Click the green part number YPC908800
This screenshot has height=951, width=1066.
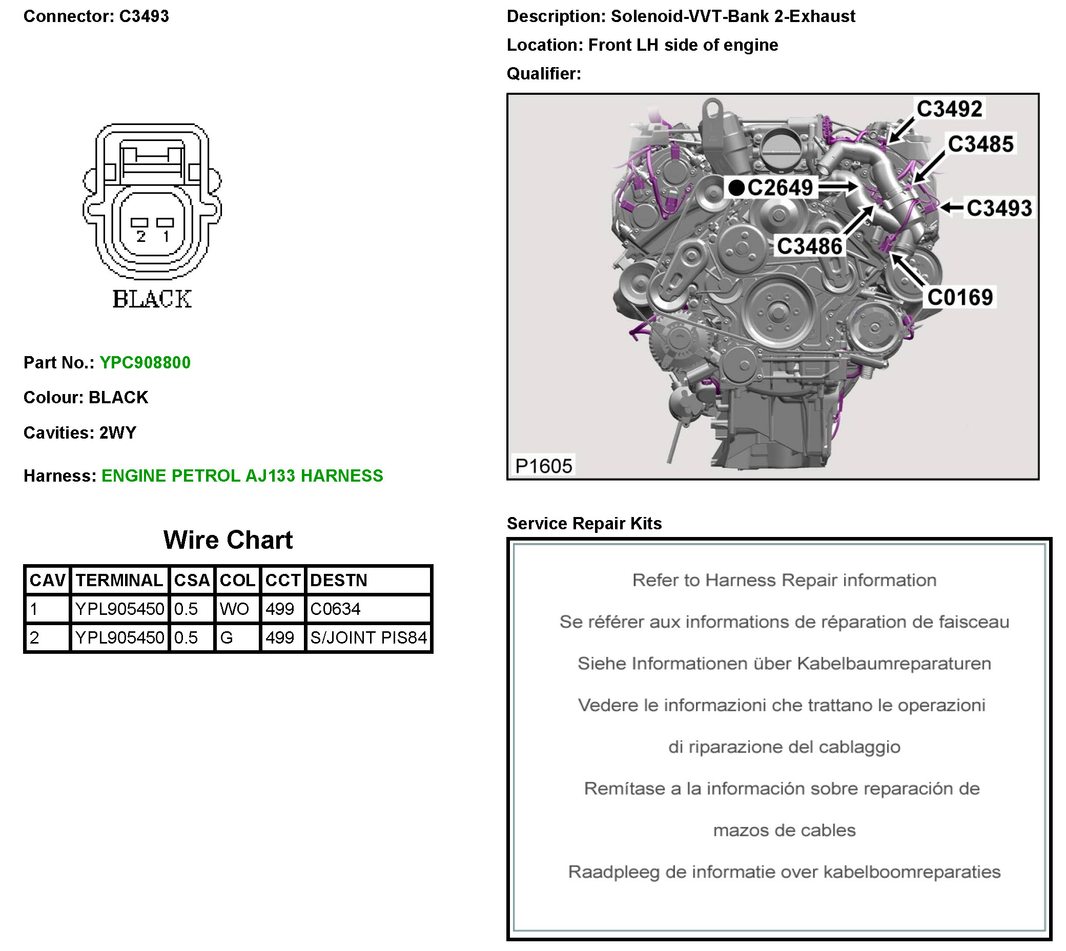click(145, 363)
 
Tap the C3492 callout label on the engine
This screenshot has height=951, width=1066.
click(949, 109)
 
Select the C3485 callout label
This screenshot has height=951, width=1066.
click(980, 144)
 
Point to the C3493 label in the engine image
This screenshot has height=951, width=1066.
click(998, 208)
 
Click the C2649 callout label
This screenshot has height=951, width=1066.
click(780, 188)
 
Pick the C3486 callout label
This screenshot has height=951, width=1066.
click(809, 246)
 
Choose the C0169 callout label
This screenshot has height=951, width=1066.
click(959, 297)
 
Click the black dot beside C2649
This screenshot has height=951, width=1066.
click(736, 188)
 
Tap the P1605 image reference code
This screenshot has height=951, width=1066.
click(543, 466)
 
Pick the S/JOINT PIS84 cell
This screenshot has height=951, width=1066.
click(368, 637)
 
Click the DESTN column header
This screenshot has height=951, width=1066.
click(339, 580)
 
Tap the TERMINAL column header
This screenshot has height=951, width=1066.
click(119, 580)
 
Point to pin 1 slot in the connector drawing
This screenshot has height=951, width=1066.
click(165, 222)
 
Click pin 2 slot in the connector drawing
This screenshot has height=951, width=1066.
click(139, 222)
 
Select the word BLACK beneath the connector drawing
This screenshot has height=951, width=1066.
click(152, 299)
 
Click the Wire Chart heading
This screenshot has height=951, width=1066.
click(228, 540)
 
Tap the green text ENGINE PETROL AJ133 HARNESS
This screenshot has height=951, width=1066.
click(242, 476)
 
